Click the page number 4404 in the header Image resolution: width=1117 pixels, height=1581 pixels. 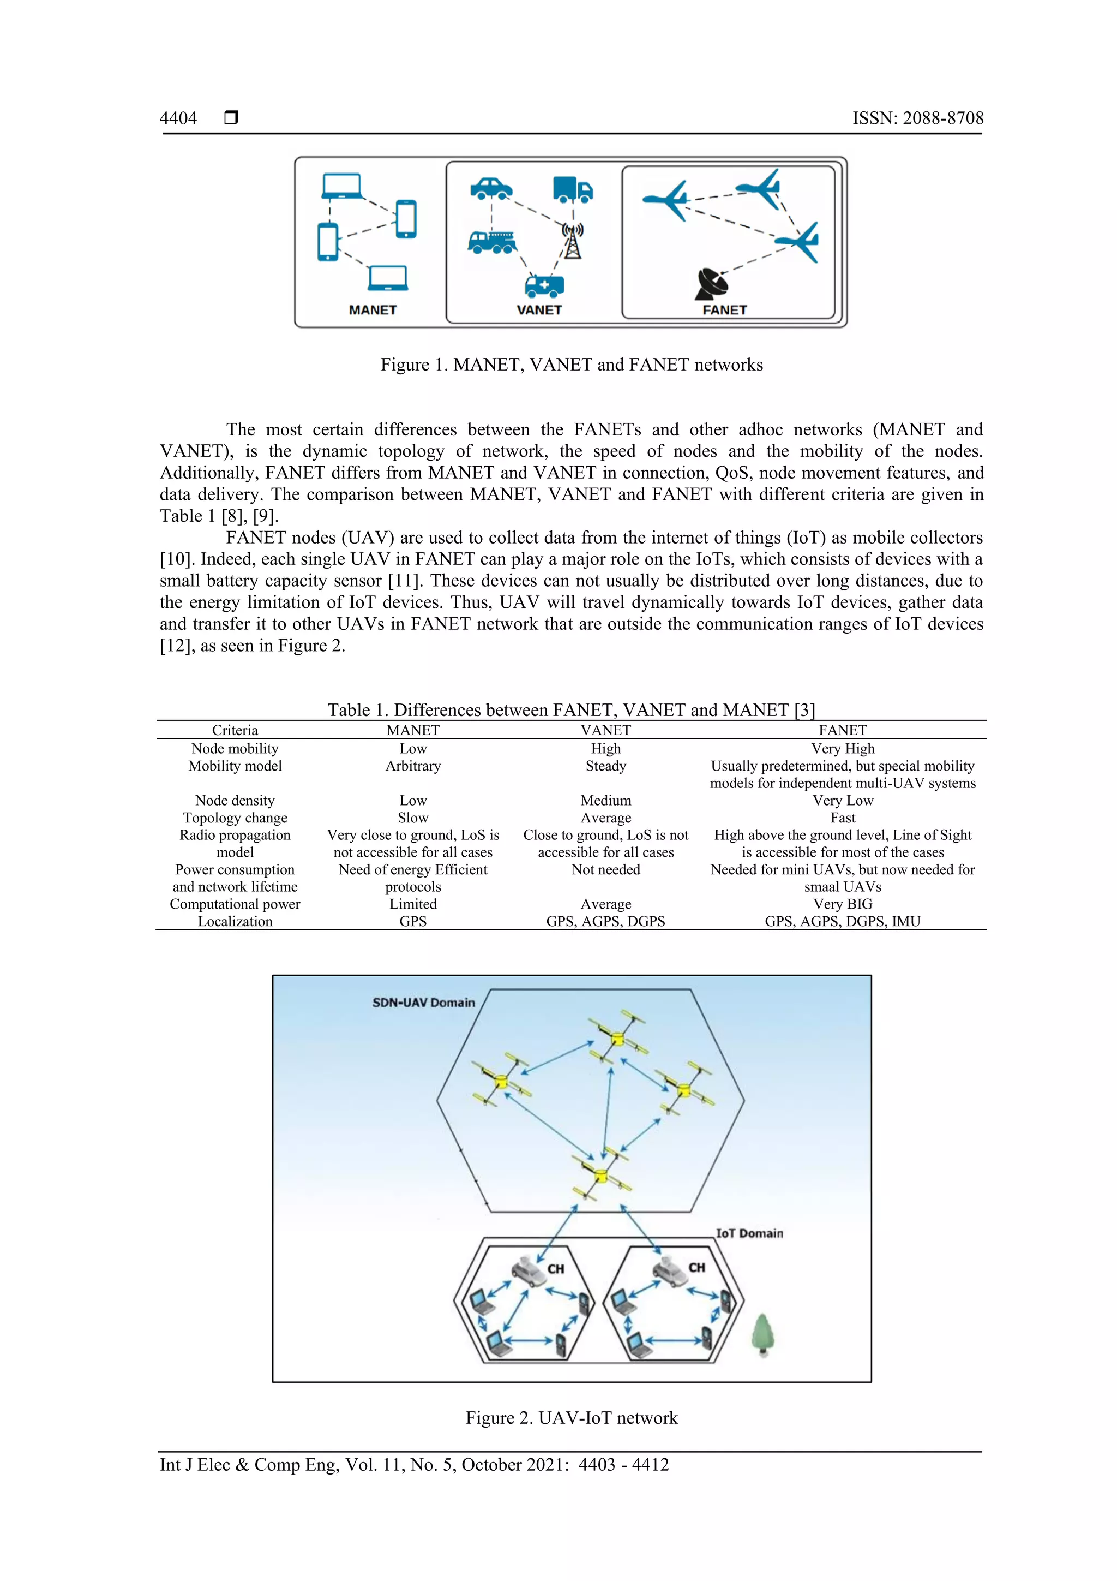point(178,118)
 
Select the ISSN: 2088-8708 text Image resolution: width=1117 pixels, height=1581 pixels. point(917,118)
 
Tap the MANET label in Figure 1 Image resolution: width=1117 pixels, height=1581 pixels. point(373,310)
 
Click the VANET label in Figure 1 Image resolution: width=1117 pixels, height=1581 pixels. point(539,310)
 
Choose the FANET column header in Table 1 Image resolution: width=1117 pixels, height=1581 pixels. point(843,730)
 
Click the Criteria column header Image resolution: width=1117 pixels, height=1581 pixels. point(235,730)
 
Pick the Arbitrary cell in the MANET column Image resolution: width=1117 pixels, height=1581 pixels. point(413,766)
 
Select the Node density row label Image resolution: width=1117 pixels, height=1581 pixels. point(235,800)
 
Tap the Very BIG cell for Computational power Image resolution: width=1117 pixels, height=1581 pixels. point(843,904)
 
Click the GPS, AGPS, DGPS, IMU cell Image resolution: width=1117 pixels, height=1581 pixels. point(843,921)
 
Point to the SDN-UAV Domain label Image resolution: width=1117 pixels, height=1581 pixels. point(423,1003)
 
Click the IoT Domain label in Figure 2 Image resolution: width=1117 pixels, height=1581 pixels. point(749,1233)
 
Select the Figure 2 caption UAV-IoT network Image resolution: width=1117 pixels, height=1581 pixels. point(571,1418)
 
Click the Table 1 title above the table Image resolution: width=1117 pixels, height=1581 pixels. point(571,710)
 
